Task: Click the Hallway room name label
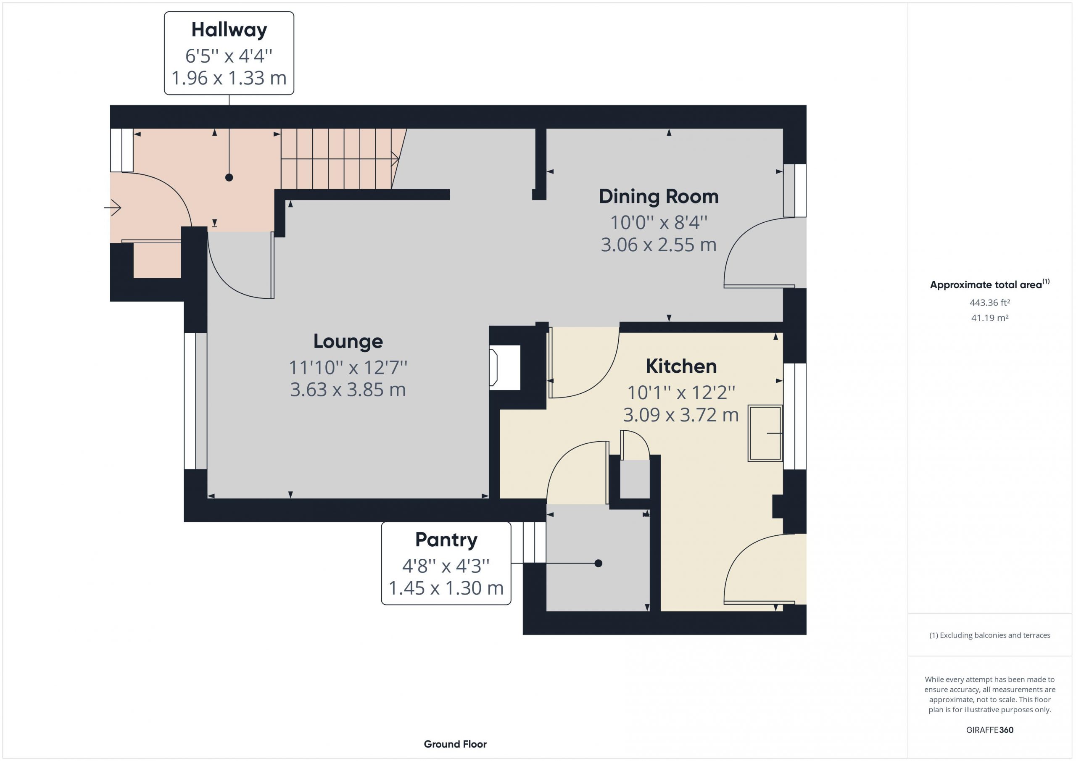pos(229,30)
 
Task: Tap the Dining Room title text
pos(659,196)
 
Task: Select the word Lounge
pos(348,342)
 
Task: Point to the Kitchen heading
pos(681,366)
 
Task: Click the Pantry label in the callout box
pos(446,540)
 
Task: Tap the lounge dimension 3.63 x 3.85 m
pos(348,390)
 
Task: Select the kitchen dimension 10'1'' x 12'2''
pos(681,392)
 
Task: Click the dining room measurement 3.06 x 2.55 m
pos(659,245)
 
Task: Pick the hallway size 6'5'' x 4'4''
pos(229,56)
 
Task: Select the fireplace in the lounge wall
pos(505,368)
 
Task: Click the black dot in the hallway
pos(229,178)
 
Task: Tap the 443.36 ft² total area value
pos(990,303)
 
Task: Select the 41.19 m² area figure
pos(990,318)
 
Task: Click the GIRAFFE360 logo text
pos(990,730)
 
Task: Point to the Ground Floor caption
pos(455,744)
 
